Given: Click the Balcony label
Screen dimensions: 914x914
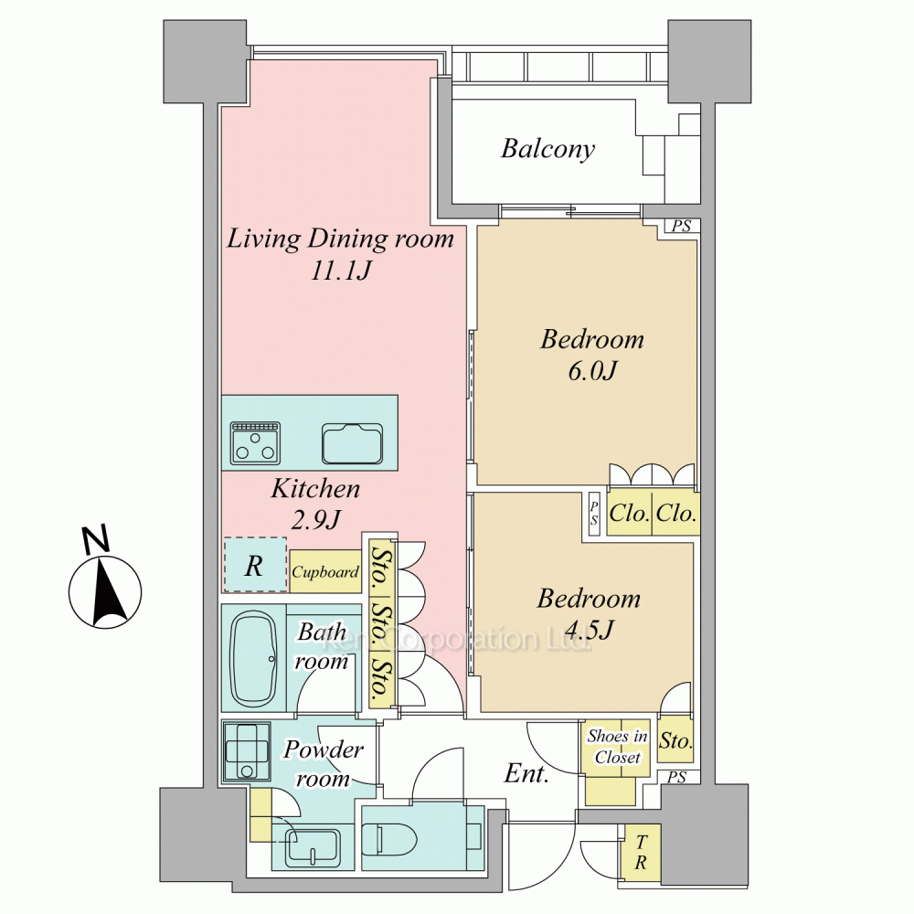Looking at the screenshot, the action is coord(547,149).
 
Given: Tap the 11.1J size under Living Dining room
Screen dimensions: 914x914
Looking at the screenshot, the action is coord(340,271).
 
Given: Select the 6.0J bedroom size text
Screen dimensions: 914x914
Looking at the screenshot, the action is coord(592,371).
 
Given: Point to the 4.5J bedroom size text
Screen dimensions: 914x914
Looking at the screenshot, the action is coord(590,630).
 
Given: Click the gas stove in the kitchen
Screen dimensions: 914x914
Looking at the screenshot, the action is coord(255,443).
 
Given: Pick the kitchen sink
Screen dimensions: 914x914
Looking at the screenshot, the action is coord(353,443).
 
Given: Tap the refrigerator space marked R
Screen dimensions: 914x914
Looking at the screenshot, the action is coord(255,565).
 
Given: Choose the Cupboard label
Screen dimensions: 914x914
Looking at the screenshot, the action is coord(325,572).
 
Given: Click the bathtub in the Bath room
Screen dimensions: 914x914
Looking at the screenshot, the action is coord(253,659).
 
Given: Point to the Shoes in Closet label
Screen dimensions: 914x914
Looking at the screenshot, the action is coord(617,747).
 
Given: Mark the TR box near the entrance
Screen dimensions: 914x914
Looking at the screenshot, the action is coord(641,852).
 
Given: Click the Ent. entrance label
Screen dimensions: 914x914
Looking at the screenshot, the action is coord(526,773).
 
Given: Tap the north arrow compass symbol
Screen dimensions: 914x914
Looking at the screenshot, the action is coord(105,591).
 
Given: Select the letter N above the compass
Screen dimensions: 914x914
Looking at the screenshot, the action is coord(96,539).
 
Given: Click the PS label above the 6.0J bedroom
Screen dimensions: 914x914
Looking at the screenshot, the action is coord(682,226).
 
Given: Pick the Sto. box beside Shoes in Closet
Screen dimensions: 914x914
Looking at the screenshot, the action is coord(675,739).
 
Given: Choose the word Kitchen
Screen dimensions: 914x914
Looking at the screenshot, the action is coord(315,488).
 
